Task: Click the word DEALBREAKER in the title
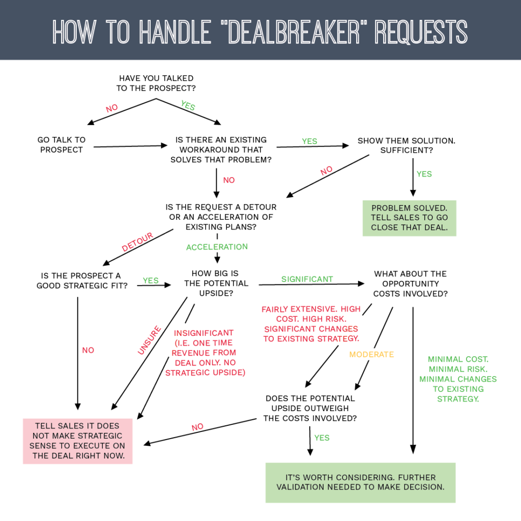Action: [287, 32]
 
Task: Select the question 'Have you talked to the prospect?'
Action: [156, 83]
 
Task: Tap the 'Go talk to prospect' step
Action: [62, 144]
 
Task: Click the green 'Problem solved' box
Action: [409, 218]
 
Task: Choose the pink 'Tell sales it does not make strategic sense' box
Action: [77, 441]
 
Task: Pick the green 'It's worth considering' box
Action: [360, 482]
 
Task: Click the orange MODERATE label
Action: [371, 354]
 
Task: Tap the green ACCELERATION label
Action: [217, 247]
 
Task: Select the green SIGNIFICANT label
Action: [307, 279]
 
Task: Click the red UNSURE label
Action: [149, 340]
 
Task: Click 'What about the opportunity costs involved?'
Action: [410, 284]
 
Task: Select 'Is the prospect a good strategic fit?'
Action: [81, 281]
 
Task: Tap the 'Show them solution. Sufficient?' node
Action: [406, 146]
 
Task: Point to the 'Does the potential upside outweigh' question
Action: [310, 408]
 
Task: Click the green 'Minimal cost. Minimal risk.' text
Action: [457, 379]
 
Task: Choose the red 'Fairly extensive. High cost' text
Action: [311, 324]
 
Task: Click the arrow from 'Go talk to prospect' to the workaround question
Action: [130, 146]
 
